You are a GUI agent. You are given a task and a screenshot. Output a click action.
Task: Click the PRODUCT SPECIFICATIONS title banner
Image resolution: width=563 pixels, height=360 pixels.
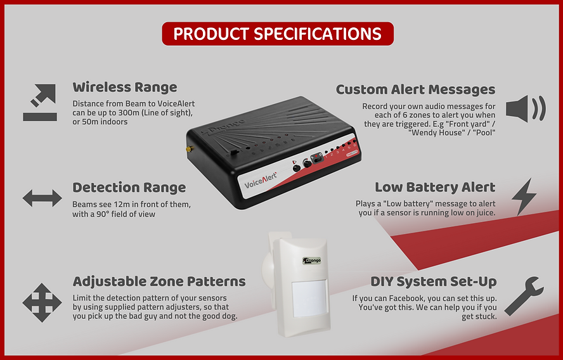[278, 34]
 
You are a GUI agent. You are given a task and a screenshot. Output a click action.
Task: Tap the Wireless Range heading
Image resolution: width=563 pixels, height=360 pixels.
[125, 87]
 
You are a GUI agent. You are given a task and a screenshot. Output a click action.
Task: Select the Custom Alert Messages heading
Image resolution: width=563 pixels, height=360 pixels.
[415, 89]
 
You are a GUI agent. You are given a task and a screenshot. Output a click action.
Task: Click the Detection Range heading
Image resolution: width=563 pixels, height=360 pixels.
[129, 188]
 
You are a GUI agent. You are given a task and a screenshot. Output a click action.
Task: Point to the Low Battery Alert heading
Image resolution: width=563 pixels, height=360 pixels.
[435, 187]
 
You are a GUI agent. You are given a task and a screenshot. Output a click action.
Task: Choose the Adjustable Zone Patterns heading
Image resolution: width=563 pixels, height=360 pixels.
[159, 281]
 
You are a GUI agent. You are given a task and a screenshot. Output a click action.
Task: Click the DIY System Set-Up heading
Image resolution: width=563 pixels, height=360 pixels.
[434, 282]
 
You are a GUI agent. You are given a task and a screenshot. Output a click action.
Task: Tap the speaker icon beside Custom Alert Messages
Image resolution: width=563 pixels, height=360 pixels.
[526, 108]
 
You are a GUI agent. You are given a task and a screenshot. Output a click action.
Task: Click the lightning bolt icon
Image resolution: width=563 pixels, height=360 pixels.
[524, 196]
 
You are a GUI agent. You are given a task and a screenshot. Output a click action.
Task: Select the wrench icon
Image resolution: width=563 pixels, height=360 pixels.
[524, 296]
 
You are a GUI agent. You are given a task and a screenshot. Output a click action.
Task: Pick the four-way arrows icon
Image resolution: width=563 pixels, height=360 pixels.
[42, 302]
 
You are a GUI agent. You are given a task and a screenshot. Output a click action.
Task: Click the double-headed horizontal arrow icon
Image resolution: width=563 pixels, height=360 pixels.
[42, 198]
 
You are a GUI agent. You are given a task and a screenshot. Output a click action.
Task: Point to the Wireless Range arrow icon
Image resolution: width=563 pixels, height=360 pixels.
[40, 103]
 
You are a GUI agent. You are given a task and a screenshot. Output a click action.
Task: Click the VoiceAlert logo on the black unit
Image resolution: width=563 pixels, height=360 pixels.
[261, 180]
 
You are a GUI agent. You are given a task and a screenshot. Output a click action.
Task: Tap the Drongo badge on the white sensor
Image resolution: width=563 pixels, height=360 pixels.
[312, 260]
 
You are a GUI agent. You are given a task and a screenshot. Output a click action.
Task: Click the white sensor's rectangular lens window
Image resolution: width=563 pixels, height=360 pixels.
[309, 299]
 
